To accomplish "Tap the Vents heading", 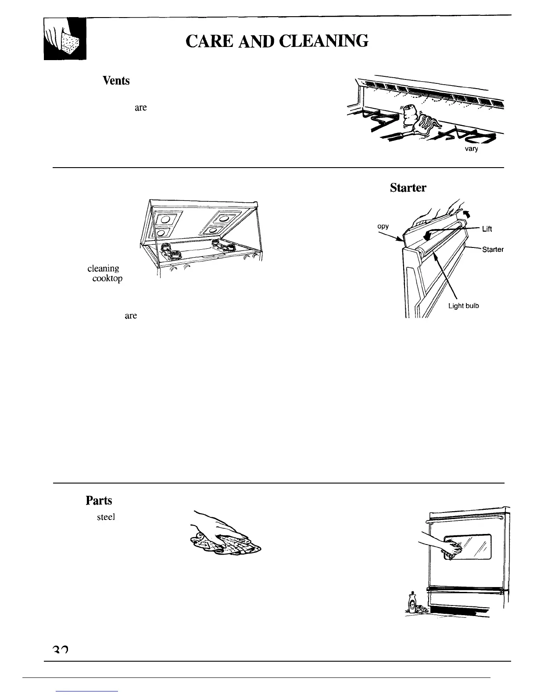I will pyautogui.click(x=116, y=81).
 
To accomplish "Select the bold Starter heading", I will pyautogui.click(x=408, y=188).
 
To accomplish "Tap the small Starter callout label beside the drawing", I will pyautogui.click(x=492, y=250).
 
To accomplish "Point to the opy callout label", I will pyautogui.click(x=383, y=227).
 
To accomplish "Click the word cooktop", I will pyautogui.click(x=107, y=279).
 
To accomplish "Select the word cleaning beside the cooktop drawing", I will pyautogui.click(x=103, y=268).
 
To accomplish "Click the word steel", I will pyautogui.click(x=106, y=517).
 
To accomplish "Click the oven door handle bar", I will pyautogui.click(x=465, y=522).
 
